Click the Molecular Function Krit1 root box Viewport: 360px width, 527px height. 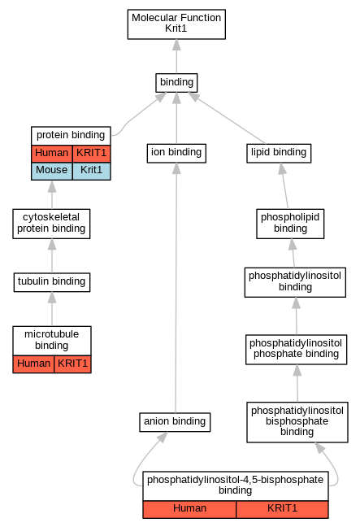coord(176,24)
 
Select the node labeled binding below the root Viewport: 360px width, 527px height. coord(176,83)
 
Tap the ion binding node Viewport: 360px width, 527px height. coord(176,153)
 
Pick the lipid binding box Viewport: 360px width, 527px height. coord(279,153)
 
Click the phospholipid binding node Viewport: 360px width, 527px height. coord(290,224)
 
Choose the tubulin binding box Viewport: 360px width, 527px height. coord(52,282)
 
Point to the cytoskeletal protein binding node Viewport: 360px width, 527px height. coord(51,224)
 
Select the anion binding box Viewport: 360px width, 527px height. coord(175,422)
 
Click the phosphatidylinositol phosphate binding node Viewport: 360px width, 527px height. coord(296,350)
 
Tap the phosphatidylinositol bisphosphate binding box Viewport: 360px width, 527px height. coord(297,422)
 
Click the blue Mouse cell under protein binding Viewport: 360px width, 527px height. coord(52,171)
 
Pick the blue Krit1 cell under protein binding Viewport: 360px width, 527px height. coord(91,171)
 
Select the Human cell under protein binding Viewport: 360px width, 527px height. coord(52,154)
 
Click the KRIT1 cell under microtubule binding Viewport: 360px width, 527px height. coord(72,364)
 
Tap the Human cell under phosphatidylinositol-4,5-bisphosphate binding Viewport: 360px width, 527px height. coord(189,509)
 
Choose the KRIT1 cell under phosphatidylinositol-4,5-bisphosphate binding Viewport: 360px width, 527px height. coord(282,509)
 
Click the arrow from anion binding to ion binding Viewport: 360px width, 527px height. coord(176,288)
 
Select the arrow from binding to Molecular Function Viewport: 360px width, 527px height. coord(176,56)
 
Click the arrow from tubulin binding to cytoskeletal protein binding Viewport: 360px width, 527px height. coord(52,256)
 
